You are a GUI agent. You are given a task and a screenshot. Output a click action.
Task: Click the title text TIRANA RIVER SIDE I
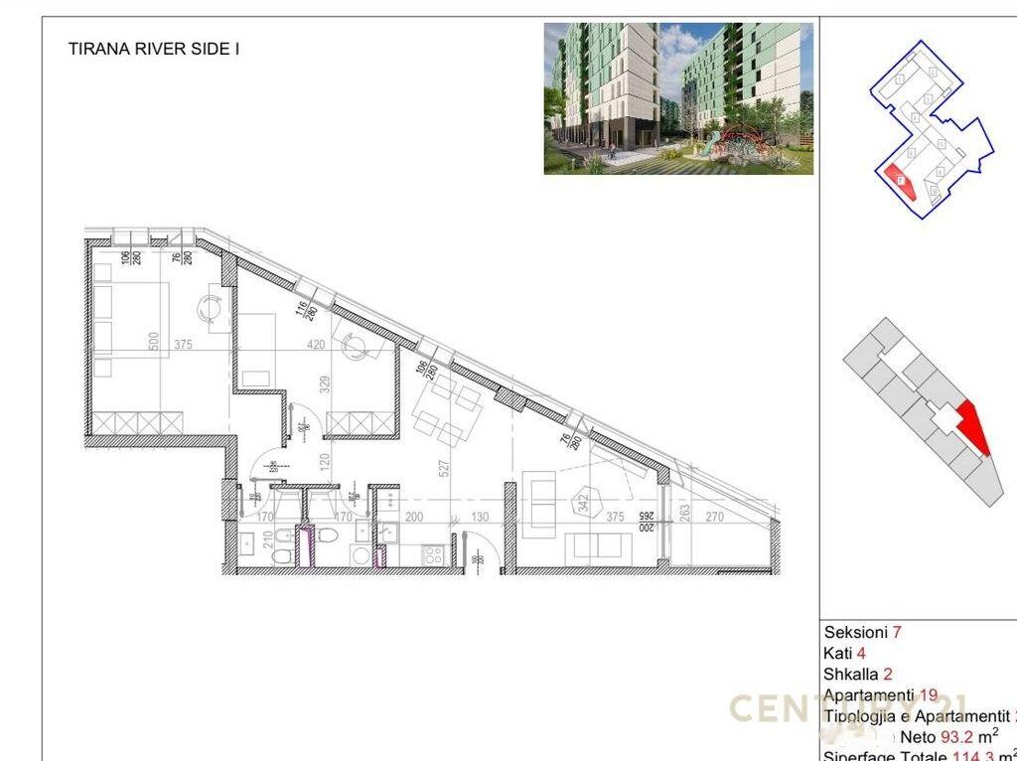pyautogui.click(x=153, y=48)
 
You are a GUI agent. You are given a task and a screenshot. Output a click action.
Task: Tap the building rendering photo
pyautogui.click(x=678, y=98)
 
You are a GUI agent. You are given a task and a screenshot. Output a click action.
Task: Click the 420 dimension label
pyautogui.click(x=317, y=346)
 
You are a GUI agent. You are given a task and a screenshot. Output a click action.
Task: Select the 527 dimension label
pyautogui.click(x=444, y=465)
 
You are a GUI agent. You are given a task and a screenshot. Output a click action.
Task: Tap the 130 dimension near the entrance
pyautogui.click(x=480, y=517)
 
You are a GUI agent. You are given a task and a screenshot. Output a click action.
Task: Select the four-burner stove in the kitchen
pyautogui.click(x=434, y=555)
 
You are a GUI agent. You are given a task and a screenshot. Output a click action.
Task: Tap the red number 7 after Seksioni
pyautogui.click(x=897, y=632)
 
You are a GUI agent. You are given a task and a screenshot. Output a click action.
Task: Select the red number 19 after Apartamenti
pyautogui.click(x=930, y=695)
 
